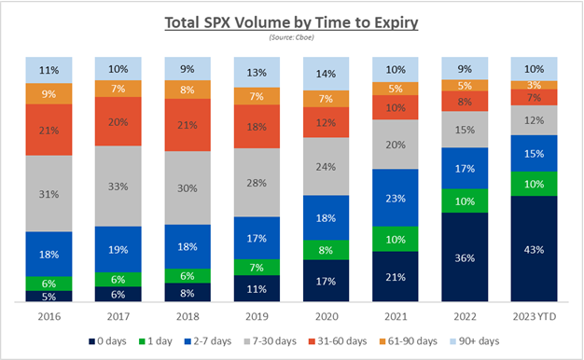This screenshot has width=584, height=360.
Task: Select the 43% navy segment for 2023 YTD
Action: point(534,249)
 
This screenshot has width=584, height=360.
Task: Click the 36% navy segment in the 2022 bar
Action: point(464,257)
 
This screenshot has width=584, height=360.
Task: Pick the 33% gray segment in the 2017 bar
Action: point(118,186)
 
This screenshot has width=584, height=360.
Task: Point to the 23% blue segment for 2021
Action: point(395,198)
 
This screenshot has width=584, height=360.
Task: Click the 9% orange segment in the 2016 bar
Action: point(49,93)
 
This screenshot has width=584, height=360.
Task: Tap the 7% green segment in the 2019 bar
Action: point(257,267)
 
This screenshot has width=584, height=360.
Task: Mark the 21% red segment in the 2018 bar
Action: point(187,125)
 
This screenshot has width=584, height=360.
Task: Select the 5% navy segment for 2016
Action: point(49,297)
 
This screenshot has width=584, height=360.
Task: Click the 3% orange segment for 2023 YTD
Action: point(534,85)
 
